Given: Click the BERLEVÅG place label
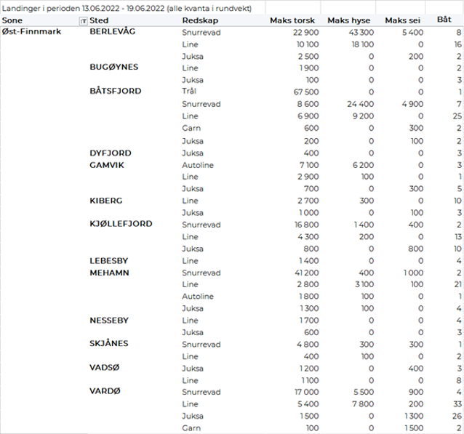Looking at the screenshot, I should (x=112, y=33).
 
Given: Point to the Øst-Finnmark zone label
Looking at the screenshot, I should (x=31, y=33).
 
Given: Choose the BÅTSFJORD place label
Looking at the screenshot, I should (x=115, y=92).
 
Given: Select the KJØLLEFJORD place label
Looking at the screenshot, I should (x=121, y=224).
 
